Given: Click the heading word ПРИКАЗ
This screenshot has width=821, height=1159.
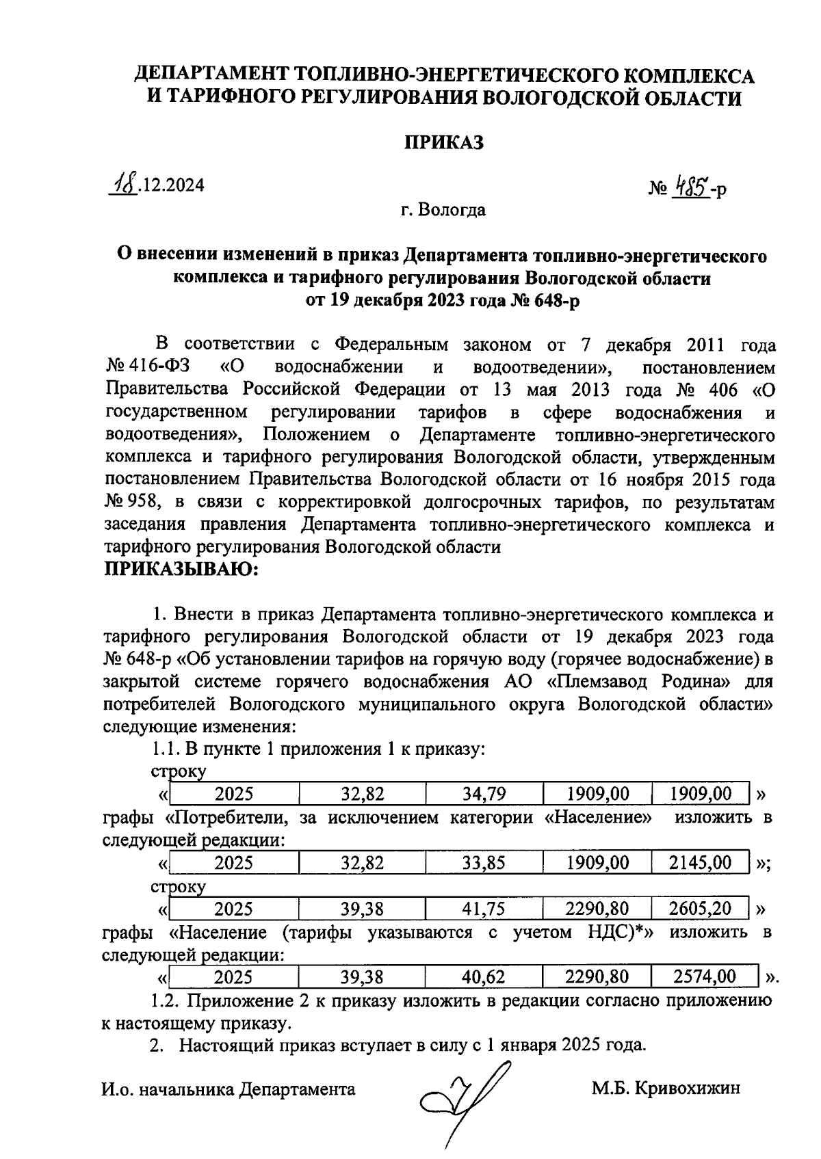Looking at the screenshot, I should click(443, 142).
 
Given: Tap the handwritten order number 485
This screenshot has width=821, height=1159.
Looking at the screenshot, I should click(690, 185).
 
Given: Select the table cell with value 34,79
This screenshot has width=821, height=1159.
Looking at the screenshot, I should click(484, 794).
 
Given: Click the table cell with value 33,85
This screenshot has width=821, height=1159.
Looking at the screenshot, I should click(484, 863).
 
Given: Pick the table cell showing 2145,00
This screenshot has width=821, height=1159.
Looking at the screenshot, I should click(700, 863).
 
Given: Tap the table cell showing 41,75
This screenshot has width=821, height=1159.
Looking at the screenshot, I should click(484, 909).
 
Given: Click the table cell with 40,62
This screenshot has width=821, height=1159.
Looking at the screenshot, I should click(484, 978).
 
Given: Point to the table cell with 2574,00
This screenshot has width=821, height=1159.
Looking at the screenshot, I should click(704, 978).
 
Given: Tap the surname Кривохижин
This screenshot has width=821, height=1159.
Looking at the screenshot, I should click(687, 1089).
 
